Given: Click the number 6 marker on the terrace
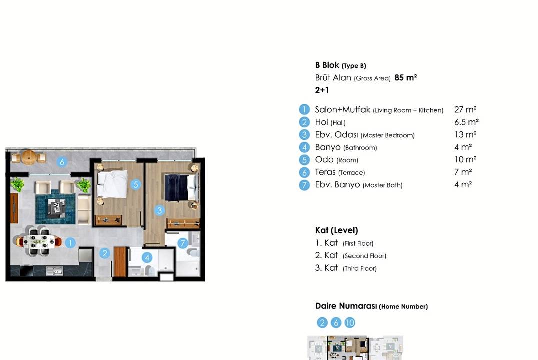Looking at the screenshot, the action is (62, 162).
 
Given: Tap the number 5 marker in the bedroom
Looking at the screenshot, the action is (136, 185).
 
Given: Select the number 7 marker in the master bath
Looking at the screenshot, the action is (183, 243).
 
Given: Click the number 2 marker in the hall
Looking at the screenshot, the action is (104, 253).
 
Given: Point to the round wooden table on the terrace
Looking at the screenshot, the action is (29, 157).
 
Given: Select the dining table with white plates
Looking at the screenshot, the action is (39, 241).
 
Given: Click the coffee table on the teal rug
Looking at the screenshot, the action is (56, 208).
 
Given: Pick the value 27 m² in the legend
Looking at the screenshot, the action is (465, 109).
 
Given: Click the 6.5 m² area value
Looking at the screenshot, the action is (466, 122).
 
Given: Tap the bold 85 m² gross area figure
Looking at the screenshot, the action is (405, 78).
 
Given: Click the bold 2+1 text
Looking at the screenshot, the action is (322, 90).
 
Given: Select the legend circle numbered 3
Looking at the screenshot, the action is (304, 135).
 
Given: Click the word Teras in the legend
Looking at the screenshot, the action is (325, 172).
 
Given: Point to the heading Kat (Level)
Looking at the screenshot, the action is (337, 230).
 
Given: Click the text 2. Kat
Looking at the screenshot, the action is (326, 256).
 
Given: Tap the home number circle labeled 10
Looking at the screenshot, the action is (350, 322).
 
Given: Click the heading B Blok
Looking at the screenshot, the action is (327, 65).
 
